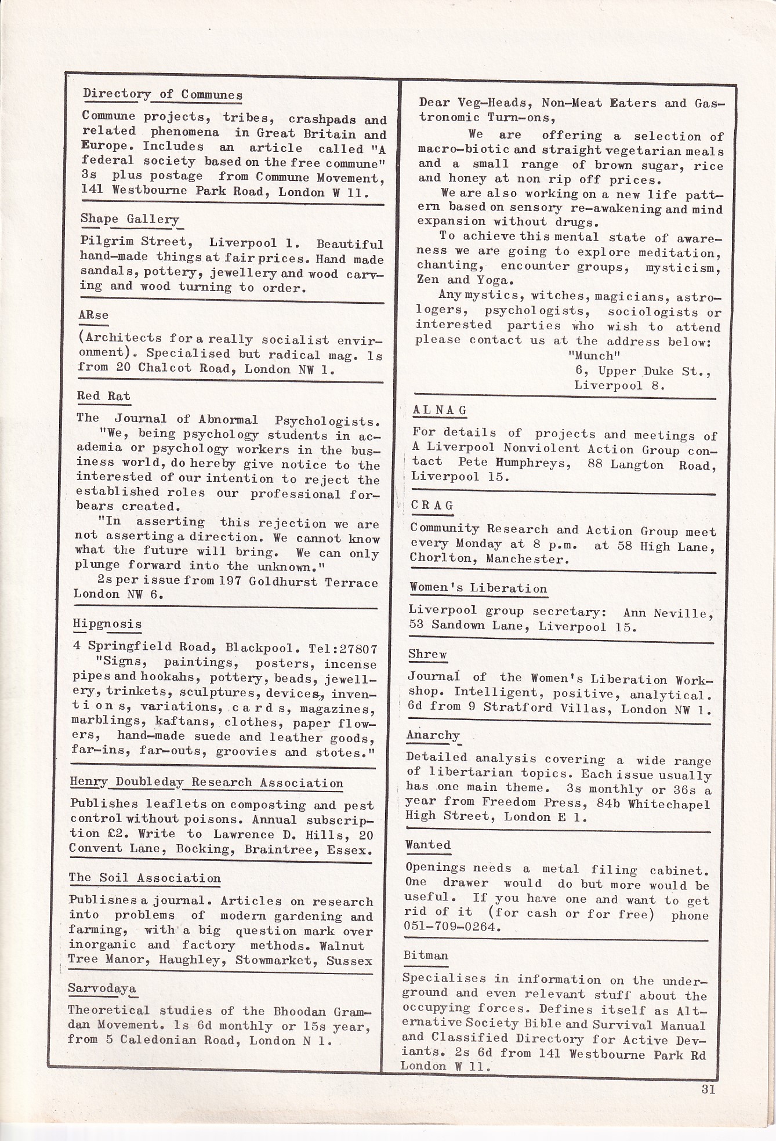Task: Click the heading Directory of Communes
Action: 162,94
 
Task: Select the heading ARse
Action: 93,315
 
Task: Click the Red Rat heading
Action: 104,396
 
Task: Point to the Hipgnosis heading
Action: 107,624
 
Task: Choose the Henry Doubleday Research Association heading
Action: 206,782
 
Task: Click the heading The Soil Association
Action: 144,878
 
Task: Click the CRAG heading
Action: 432,506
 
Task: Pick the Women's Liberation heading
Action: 478,588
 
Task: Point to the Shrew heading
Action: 427,655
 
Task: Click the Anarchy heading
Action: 433,735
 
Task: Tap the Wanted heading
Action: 428,845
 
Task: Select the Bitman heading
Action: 426,955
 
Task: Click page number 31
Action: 708,1089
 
